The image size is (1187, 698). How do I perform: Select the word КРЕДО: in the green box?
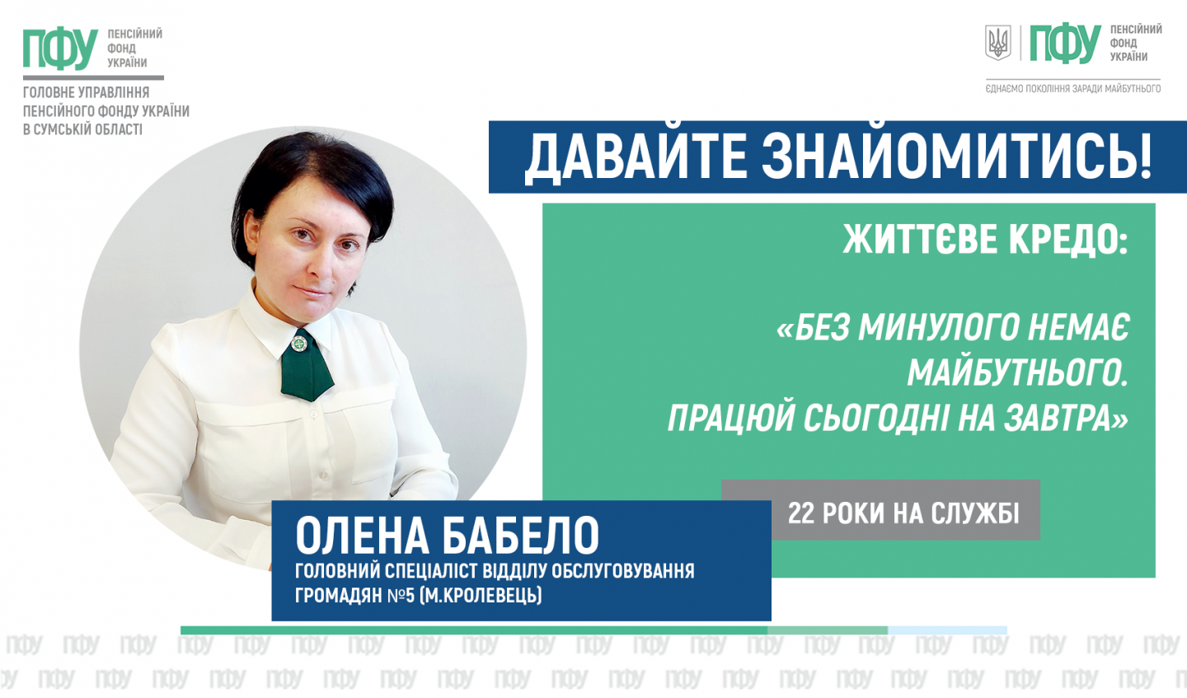click(x=1067, y=241)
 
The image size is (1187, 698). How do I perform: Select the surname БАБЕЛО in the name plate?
click(x=520, y=536)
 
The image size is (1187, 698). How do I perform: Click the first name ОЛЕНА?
click(x=362, y=536)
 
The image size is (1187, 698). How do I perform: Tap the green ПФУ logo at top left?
click(x=60, y=49)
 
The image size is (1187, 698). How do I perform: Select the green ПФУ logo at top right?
click(x=1065, y=44)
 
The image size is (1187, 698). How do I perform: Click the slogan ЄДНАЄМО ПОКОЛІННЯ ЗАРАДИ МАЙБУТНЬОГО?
click(x=1073, y=89)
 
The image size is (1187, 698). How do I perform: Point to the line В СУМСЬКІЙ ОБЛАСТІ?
click(x=82, y=129)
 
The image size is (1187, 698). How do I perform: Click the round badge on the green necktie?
click(x=300, y=344)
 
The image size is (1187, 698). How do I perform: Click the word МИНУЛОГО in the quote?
click(x=940, y=328)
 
